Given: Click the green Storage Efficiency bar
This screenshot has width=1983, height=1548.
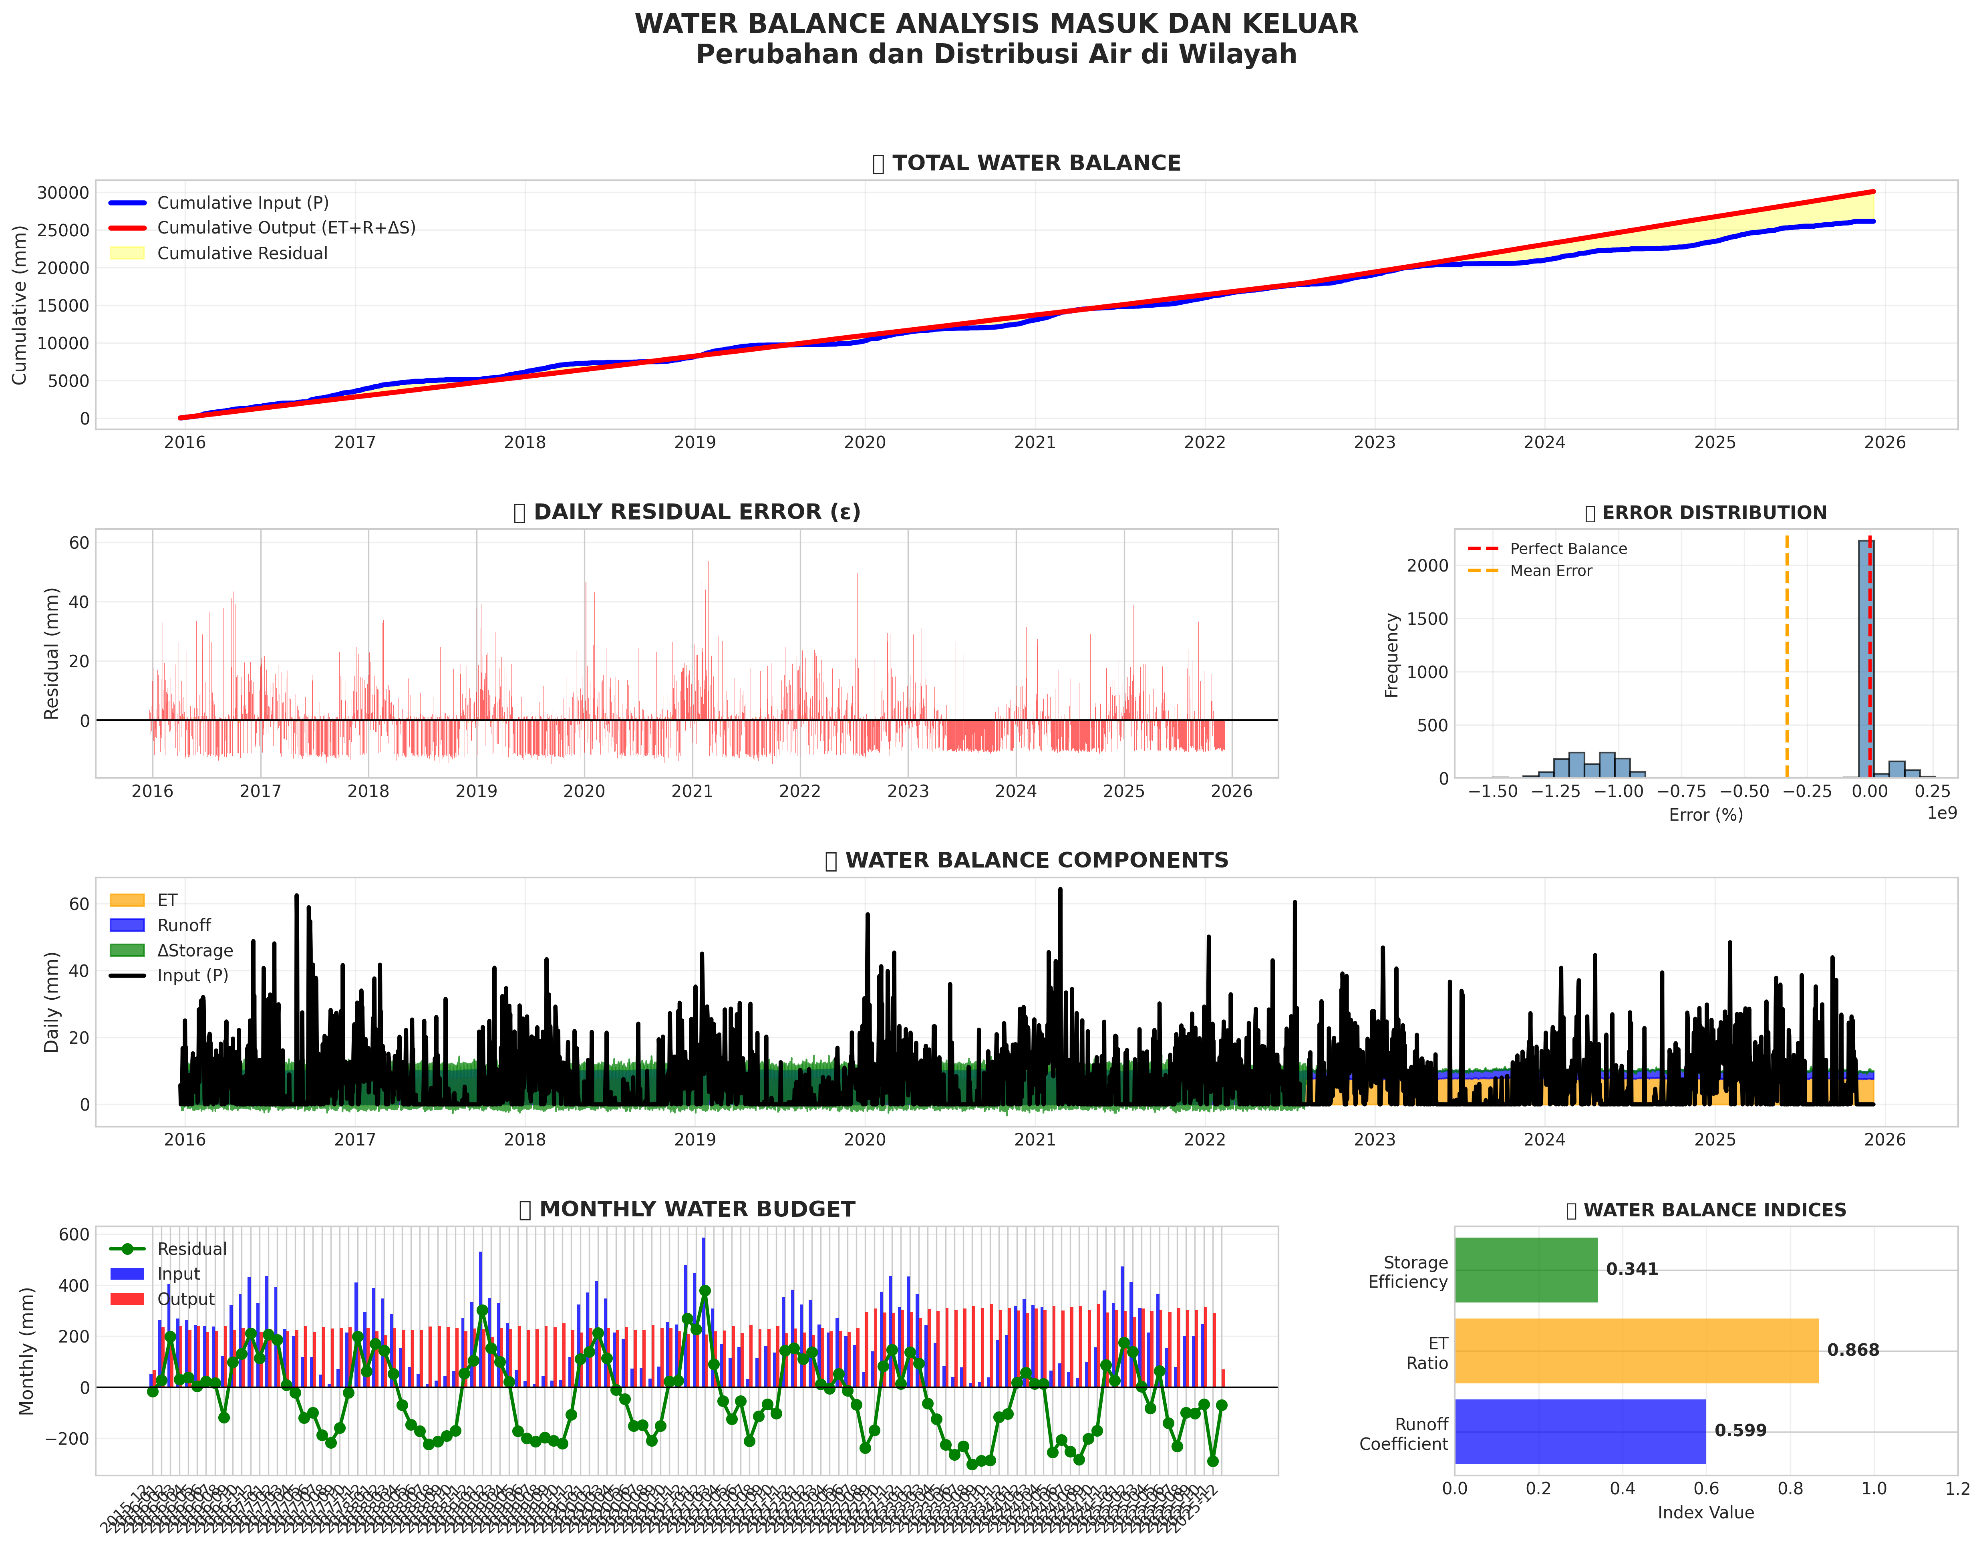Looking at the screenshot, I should pos(1525,1269).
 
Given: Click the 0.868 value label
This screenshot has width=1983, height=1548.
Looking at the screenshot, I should pos(1852,1350).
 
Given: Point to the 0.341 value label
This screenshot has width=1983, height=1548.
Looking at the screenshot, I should pos(1632,1269).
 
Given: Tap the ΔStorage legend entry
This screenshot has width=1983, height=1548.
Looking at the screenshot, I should pos(194,950).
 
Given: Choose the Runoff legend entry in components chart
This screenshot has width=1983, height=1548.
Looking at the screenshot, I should pos(183,925).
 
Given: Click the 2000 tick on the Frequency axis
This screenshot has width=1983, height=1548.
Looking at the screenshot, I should pos(1427,566).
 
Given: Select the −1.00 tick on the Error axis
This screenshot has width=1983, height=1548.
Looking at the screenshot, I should pos(1618,791).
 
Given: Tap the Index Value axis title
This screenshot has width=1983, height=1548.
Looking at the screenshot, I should pos(1705,1513).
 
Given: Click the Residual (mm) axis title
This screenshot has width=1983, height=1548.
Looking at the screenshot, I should pos(52,654).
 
